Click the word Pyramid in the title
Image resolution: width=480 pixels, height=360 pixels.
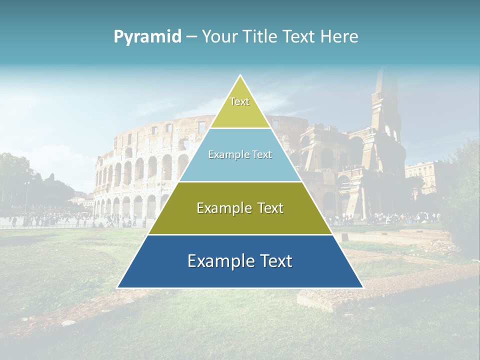point(147,37)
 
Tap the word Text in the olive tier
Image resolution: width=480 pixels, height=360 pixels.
point(267,208)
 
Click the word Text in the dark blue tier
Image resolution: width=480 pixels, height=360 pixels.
point(275,261)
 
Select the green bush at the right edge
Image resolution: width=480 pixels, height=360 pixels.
point(462,200)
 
